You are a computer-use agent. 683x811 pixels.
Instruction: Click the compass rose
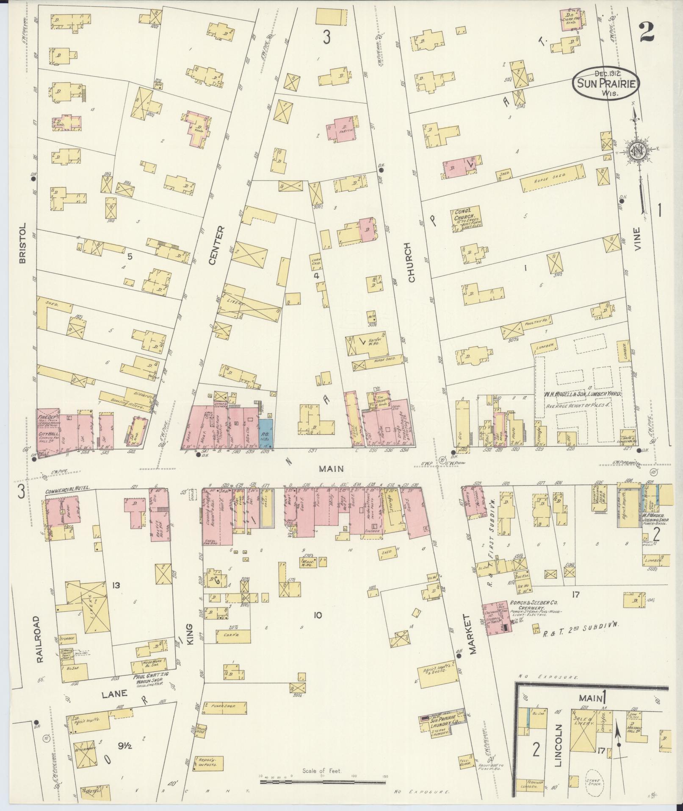tap(636, 152)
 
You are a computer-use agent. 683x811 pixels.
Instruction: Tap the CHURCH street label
tap(410, 263)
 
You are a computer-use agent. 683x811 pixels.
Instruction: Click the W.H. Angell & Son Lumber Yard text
tap(583, 394)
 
